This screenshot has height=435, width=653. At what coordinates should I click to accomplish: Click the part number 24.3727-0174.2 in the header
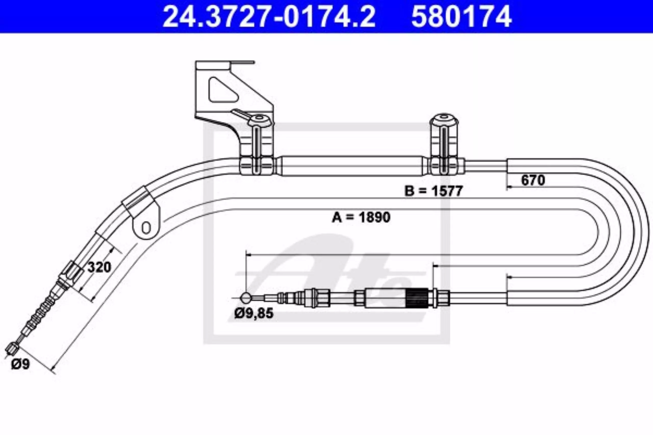click(x=269, y=17)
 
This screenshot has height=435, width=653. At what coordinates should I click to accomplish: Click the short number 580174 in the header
click(x=462, y=17)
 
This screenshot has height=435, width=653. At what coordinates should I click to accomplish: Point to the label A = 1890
click(x=361, y=217)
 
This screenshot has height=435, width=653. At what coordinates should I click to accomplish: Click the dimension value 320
click(x=99, y=267)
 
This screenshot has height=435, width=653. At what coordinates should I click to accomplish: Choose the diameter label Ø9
click(x=20, y=364)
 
